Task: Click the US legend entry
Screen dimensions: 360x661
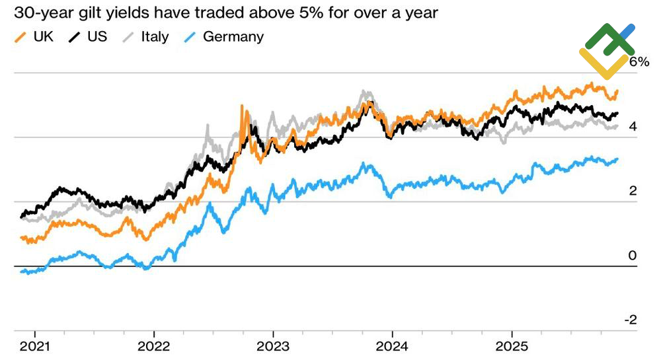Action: pyautogui.click(x=89, y=36)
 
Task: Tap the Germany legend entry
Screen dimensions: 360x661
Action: pyautogui.click(x=224, y=36)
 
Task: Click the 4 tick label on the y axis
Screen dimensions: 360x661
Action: pyautogui.click(x=633, y=127)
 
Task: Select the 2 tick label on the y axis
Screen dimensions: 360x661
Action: pyautogui.click(x=633, y=192)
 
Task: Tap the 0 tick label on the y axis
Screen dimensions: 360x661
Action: pyautogui.click(x=633, y=256)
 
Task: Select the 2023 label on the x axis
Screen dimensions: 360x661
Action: pyautogui.click(x=274, y=345)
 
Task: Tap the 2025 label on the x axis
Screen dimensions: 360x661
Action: pyautogui.click(x=511, y=345)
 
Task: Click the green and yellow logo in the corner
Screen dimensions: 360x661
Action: pyautogui.click(x=607, y=50)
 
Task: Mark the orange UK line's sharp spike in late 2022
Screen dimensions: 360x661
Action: pyautogui.click(x=242, y=106)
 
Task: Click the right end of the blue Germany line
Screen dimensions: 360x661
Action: pyautogui.click(x=617, y=159)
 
